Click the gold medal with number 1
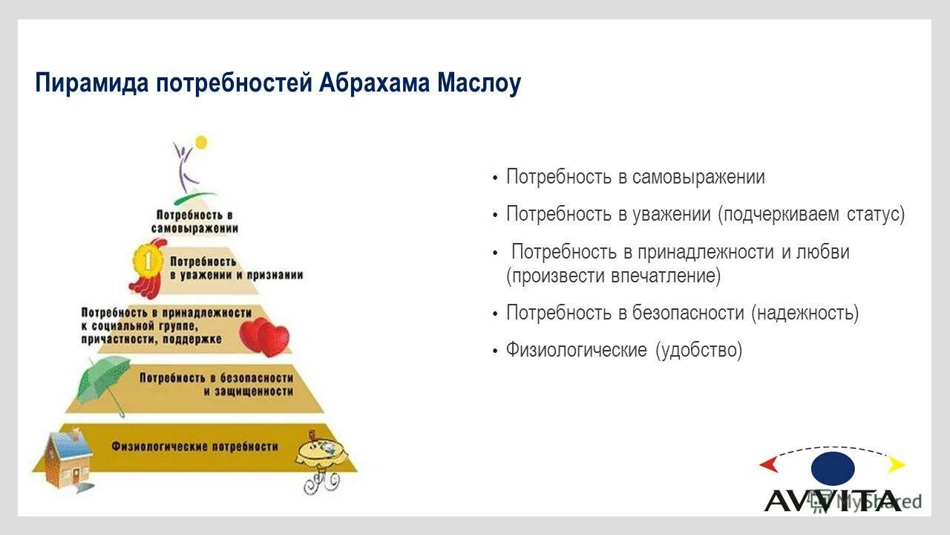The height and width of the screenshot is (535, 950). pos(148,262)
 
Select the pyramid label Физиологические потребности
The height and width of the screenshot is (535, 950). pos(195,447)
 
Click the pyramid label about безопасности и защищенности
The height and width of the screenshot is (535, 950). pos(216,383)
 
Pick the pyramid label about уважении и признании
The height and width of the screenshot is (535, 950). pos(236,268)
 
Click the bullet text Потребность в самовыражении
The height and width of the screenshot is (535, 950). pos(635,178)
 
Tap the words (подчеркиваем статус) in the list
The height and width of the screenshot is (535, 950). pos(810,215)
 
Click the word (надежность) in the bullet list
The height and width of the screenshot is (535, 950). pos(805,313)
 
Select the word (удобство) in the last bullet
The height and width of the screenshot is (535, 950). pos(698,350)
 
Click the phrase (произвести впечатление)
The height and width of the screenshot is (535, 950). pos(613,276)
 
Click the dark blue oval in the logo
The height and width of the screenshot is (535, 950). pos(833,469)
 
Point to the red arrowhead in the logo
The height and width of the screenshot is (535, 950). pos(768,465)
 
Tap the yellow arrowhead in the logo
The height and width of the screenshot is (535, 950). pos(897,465)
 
